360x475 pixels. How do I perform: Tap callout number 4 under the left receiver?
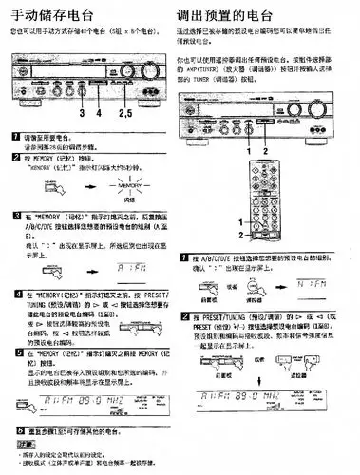[x=98, y=113]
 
